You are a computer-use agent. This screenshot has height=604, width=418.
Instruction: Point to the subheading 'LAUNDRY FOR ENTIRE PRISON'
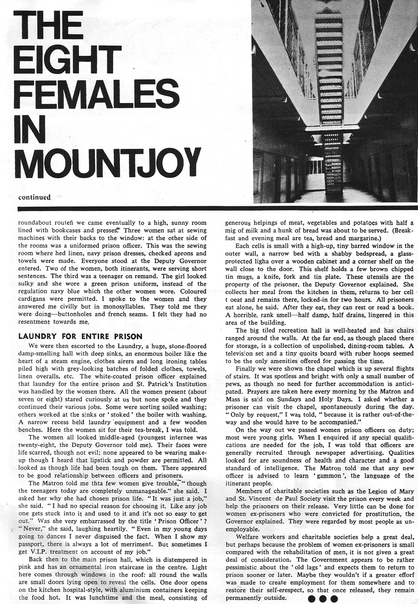(81, 336)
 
